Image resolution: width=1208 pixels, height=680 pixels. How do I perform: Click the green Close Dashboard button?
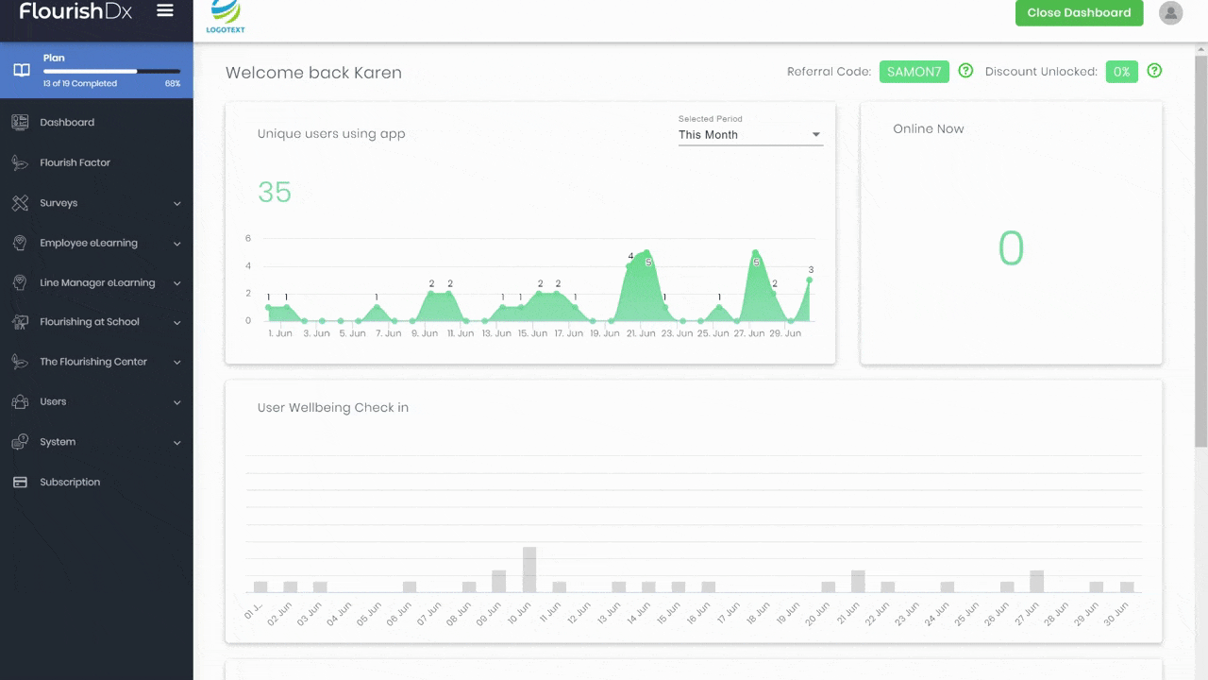point(1079,12)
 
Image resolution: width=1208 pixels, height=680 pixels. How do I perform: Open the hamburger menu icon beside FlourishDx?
point(165,10)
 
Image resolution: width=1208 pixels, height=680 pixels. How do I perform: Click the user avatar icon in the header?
point(1171,12)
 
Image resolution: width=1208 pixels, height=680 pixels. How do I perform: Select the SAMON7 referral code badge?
point(914,72)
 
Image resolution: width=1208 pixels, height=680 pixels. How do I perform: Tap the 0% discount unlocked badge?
point(1122,72)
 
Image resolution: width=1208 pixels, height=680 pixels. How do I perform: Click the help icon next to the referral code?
point(965,71)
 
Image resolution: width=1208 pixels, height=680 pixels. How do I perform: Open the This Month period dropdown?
point(750,135)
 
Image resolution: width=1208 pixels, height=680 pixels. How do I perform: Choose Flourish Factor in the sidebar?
point(75,162)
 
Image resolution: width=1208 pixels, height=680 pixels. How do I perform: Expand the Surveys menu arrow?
point(176,203)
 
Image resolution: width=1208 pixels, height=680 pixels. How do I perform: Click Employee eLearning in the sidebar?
point(89,243)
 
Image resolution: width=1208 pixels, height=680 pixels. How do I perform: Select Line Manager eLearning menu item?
point(97,282)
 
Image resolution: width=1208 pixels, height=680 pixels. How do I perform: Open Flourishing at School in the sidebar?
point(90,322)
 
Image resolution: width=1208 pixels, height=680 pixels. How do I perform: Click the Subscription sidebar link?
point(70,482)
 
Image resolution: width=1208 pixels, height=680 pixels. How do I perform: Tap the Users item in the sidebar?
point(53,401)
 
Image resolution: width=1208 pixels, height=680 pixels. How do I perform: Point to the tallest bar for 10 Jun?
point(529,569)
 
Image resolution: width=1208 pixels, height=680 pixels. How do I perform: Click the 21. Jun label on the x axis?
point(641,333)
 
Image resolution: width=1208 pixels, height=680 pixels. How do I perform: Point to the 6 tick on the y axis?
point(248,238)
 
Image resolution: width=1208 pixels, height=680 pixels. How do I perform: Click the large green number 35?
point(275,192)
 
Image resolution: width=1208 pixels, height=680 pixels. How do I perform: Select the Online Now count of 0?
point(1011,248)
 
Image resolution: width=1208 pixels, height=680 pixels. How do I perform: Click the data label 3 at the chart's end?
point(811,270)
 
